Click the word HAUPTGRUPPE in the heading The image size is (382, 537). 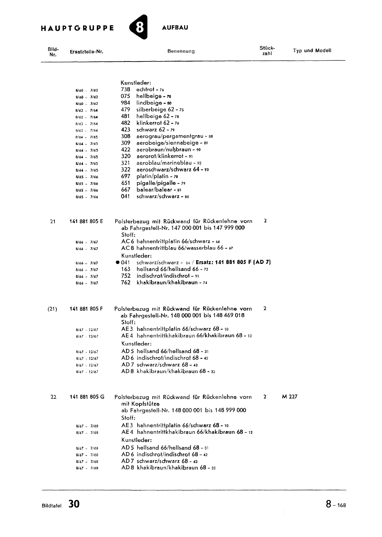pos(77,28)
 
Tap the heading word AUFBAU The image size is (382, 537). pos(175,28)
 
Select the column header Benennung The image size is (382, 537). pos(181,51)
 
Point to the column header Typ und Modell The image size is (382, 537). pos(312,51)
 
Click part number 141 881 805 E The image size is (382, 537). pos(86,221)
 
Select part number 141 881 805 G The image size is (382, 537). pos(87,397)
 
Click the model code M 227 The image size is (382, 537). pos(290,396)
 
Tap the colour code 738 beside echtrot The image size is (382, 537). pos(125,89)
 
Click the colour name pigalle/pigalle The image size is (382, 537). pos(156,183)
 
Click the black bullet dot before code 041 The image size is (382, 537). pos(117,262)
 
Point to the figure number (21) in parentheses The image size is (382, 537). pos(52,309)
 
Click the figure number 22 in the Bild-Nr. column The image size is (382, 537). pos(53,397)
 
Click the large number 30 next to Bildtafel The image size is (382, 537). pos(74,504)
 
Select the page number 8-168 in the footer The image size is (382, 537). pos(335,504)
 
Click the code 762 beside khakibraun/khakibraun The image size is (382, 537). pos(125,283)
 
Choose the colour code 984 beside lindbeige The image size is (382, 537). pos(125,103)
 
